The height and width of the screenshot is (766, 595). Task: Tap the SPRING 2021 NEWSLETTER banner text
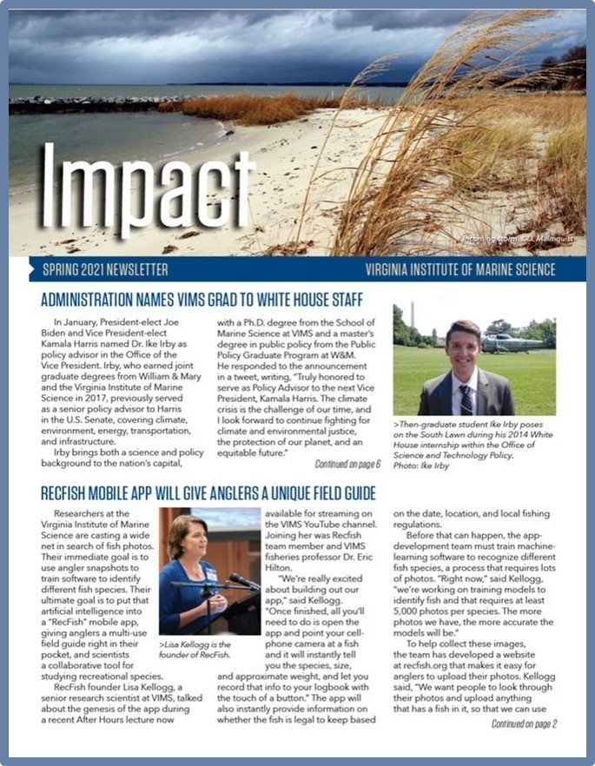coord(105,270)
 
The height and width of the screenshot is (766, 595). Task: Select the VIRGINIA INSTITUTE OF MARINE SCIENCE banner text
coord(460,270)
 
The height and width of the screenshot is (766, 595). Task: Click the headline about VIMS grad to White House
coord(202,301)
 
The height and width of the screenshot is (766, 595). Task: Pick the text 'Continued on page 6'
coord(347,464)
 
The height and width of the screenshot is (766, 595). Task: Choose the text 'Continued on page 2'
coord(524,723)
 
